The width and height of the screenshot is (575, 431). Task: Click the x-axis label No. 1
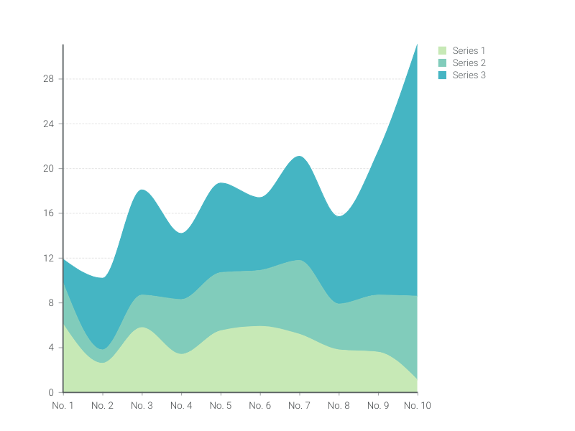[63, 406]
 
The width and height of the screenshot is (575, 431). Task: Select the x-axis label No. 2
[103, 406]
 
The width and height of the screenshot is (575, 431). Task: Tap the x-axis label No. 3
[142, 406]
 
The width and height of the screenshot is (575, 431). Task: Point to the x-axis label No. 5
[221, 406]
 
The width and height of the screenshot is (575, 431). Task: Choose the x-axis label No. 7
[299, 406]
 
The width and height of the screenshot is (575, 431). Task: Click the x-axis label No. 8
[339, 406]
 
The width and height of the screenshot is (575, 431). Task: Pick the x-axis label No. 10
[417, 406]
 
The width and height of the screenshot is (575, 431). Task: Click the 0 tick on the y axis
[51, 392]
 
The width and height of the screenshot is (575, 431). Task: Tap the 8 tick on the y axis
[51, 303]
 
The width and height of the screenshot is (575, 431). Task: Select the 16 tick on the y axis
[49, 213]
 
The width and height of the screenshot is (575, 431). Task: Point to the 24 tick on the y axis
[49, 124]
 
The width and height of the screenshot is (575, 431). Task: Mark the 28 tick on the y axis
[49, 79]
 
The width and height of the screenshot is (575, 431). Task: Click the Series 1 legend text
[469, 50]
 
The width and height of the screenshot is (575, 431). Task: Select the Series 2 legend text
[469, 62]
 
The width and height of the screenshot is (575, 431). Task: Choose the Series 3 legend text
[469, 75]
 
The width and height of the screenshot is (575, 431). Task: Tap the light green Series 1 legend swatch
[443, 50]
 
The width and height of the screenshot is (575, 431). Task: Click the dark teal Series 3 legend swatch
[443, 75]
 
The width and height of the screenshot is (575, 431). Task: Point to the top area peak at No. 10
[417, 45]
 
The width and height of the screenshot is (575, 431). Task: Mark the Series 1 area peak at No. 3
[142, 328]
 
